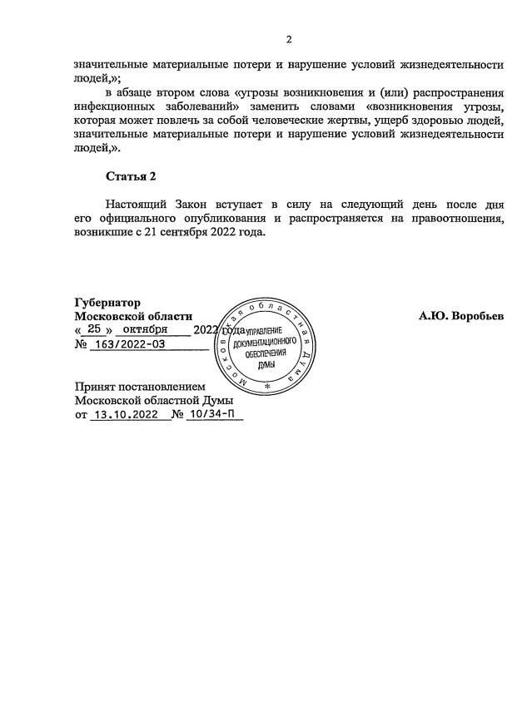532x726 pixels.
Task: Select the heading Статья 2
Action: [x=131, y=176]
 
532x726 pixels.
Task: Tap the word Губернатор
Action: [x=107, y=303]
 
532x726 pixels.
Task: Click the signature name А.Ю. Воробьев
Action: [x=461, y=316]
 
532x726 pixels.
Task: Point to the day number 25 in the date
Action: [x=94, y=329]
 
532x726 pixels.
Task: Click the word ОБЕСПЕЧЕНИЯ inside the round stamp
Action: [x=266, y=353]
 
